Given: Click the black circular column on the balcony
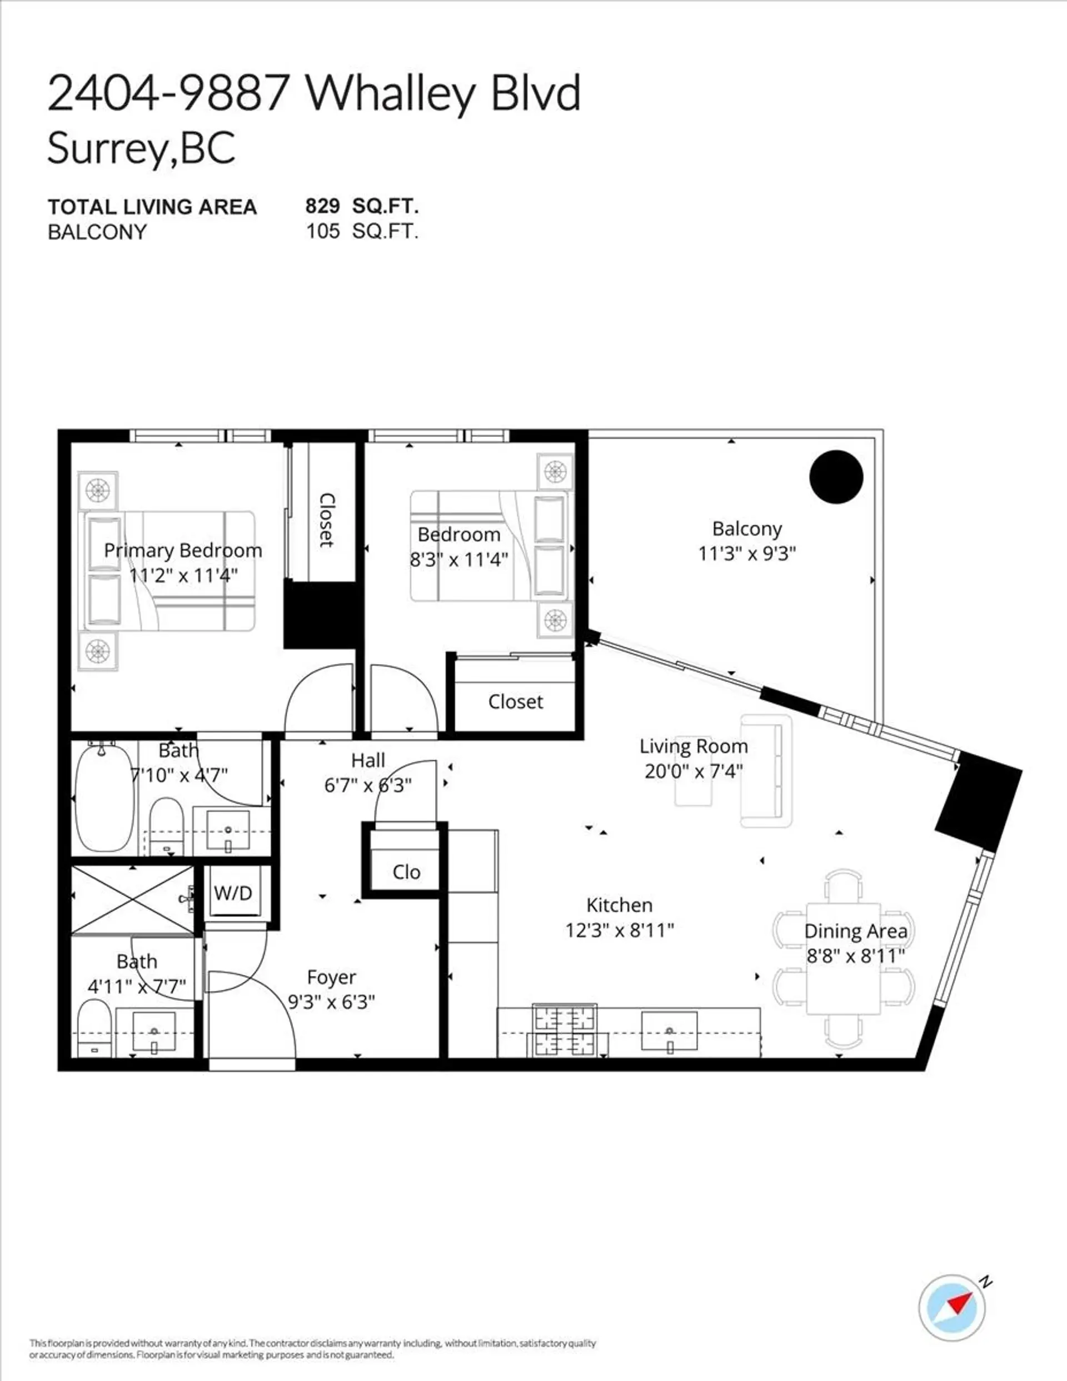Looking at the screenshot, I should click(836, 477).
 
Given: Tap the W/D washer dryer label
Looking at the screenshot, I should click(233, 893).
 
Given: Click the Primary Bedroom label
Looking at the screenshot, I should click(183, 550).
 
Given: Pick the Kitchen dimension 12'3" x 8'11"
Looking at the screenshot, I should click(619, 930).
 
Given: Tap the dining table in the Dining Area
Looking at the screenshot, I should click(843, 958).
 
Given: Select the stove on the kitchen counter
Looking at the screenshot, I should click(565, 1030).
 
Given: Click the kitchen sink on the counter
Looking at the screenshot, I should click(669, 1031).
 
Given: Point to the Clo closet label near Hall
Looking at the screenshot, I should click(406, 872).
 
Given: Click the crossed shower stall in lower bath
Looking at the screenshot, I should click(133, 899).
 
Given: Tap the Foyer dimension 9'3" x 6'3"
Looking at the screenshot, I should click(331, 1001).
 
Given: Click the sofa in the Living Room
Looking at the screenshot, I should click(766, 771).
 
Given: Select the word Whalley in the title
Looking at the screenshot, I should click(391, 93).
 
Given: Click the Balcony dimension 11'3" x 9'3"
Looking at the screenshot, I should click(746, 554).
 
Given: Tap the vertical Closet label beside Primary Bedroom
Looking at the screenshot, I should click(326, 520).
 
